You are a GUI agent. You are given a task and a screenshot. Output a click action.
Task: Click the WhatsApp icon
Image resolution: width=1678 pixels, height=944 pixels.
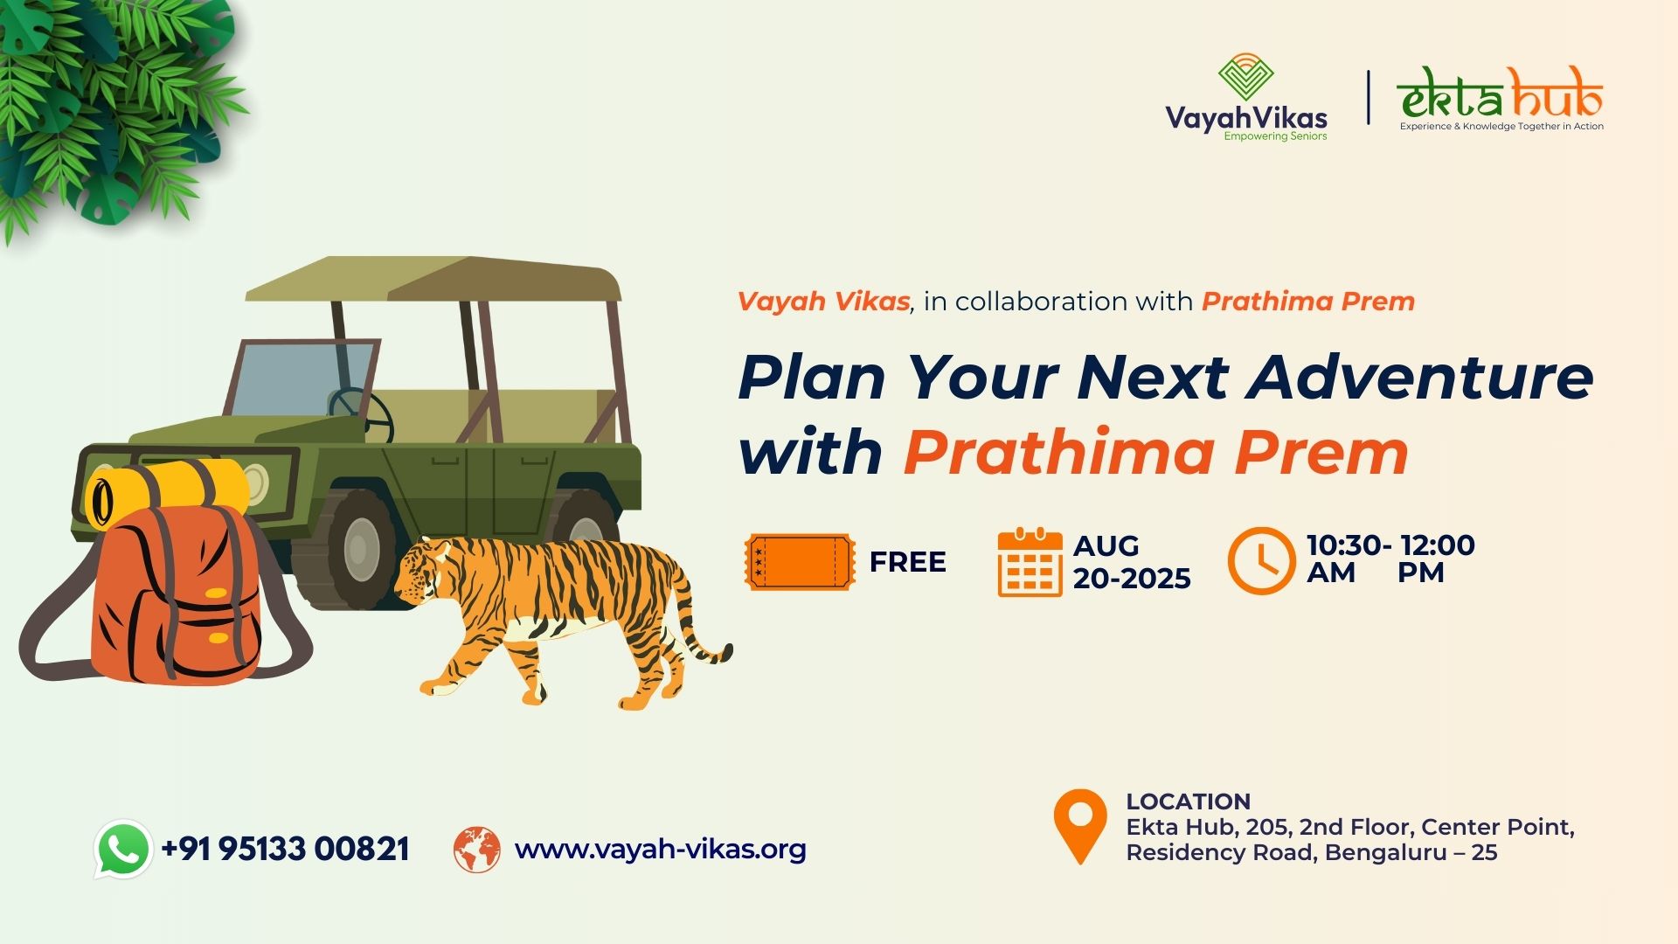pos(123,849)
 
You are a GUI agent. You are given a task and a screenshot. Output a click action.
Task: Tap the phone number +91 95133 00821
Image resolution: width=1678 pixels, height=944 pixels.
pos(285,849)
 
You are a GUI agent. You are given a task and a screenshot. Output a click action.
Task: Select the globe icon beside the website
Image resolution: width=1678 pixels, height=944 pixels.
pos(476,850)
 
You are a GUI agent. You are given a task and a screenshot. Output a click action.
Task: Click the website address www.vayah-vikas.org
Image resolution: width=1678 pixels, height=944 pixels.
pos(660,850)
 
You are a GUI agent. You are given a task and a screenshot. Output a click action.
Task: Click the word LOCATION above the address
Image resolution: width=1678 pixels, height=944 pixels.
pos(1188,802)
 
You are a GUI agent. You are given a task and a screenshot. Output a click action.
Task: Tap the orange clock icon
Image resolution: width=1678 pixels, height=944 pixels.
pos(1261,560)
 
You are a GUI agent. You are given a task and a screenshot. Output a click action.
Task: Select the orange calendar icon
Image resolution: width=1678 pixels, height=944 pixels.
pos(1030,563)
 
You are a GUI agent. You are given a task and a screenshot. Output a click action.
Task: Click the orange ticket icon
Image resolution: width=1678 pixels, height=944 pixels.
pos(800,562)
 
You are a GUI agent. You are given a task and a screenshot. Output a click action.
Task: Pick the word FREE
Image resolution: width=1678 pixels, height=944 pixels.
pos(907,562)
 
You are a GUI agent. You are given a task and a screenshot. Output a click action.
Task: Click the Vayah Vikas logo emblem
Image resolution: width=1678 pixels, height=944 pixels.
pos(1245,77)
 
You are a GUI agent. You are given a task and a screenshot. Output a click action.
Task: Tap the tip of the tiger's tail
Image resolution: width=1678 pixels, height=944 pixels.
pos(726,650)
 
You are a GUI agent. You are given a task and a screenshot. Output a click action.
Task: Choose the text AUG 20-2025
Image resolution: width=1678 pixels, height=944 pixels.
pos(1132,562)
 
